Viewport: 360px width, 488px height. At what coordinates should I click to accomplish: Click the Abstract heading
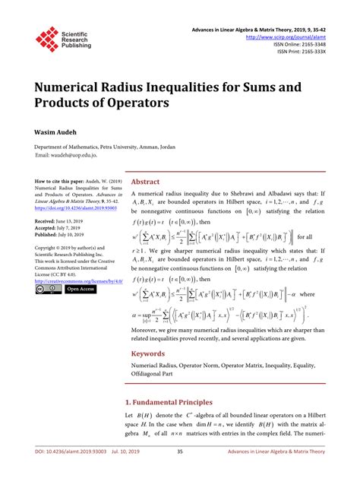(x=145, y=182)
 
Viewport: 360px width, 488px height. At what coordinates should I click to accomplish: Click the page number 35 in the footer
(x=180, y=473)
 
